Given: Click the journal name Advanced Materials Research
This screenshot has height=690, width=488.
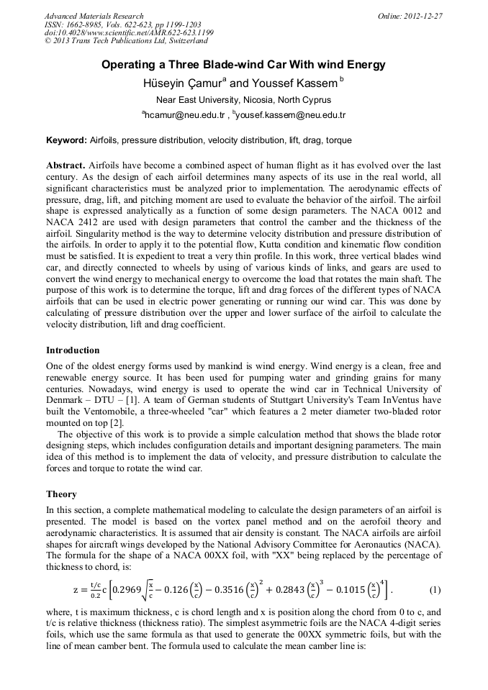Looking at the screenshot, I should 94,16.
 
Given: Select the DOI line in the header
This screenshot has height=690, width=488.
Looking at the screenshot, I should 129,33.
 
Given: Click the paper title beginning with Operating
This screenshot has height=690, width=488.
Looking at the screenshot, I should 243,65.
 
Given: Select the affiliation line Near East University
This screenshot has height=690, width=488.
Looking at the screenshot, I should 243,100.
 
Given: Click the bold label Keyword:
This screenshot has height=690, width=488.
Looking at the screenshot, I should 66,140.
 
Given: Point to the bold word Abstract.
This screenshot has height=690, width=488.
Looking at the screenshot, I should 66,165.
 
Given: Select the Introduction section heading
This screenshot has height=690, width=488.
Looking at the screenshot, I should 73,350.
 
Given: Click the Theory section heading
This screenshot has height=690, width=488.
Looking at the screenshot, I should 61,494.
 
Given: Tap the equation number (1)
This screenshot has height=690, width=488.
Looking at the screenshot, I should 435,591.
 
